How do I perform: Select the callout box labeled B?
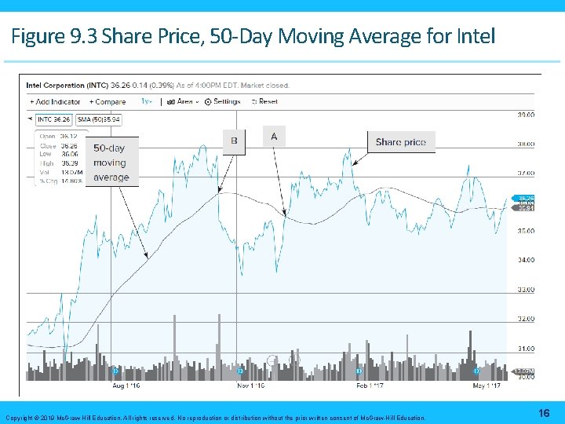[234, 141]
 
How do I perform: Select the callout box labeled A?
[274, 137]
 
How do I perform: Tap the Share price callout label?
[400, 142]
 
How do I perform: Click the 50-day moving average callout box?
[111, 163]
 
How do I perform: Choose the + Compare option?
[108, 101]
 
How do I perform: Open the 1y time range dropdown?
[147, 101]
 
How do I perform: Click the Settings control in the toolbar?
[223, 101]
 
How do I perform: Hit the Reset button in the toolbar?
[264, 101]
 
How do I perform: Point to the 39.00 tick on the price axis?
[525, 115]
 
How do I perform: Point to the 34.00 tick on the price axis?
[525, 260]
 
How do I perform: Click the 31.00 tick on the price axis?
[525, 348]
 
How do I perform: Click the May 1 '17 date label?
[487, 386]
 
